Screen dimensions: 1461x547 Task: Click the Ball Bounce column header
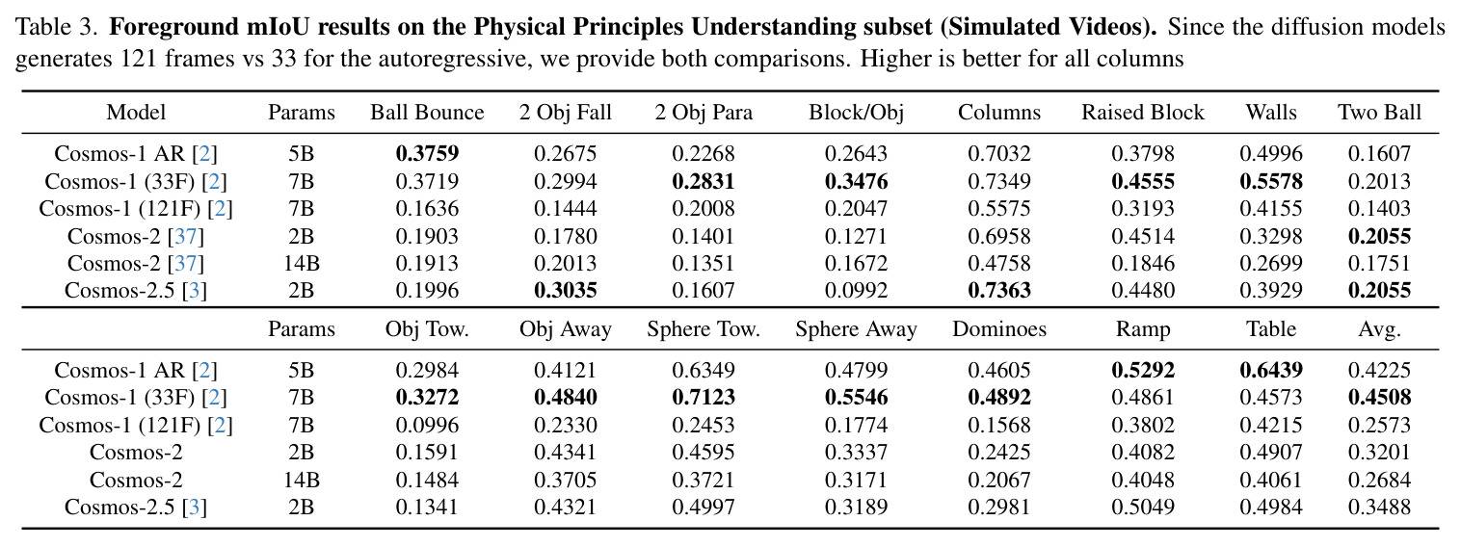pyautogui.click(x=427, y=112)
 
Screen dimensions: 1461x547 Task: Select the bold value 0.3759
pyautogui.click(x=427, y=153)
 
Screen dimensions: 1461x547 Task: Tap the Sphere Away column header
pyautogui.click(x=856, y=330)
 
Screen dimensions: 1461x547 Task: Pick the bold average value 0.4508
pyautogui.click(x=1379, y=397)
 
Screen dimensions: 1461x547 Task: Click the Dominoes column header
pyautogui.click(x=999, y=329)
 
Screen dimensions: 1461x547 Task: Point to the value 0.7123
pyautogui.click(x=704, y=397)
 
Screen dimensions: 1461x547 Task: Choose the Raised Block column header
pyautogui.click(x=1143, y=112)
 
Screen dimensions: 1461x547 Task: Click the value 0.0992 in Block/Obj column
pyautogui.click(x=856, y=290)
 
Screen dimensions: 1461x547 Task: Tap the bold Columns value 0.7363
pyautogui.click(x=999, y=290)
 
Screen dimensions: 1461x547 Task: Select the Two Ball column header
pyautogui.click(x=1379, y=112)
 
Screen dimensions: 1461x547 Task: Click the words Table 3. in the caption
pyautogui.click(x=57, y=27)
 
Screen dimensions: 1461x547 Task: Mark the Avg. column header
pyautogui.click(x=1379, y=330)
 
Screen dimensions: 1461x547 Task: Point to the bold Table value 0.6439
pyautogui.click(x=1271, y=371)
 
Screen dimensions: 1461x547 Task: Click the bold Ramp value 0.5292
pyautogui.click(x=1143, y=371)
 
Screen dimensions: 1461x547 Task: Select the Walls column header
pyautogui.click(x=1271, y=112)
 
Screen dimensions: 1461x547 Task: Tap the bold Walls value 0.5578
pyautogui.click(x=1271, y=181)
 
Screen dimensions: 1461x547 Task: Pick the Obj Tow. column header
pyautogui.click(x=427, y=329)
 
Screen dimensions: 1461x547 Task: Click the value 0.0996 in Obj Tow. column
pyautogui.click(x=427, y=425)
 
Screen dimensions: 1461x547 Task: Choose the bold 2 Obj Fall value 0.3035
pyautogui.click(x=566, y=290)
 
